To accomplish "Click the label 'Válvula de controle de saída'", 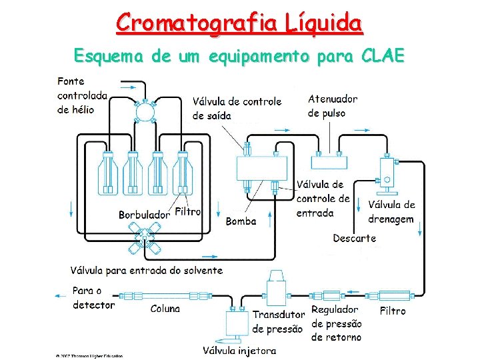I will tap(237, 109).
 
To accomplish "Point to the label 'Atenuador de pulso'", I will tap(332, 106).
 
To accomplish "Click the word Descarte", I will tap(354, 238).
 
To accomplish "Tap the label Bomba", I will tap(241, 221).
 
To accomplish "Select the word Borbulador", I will tap(144, 215).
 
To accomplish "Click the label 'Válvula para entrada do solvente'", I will tap(147, 270).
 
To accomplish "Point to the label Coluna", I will tap(165, 309).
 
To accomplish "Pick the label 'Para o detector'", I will tap(93, 298).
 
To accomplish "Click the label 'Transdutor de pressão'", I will tap(278, 321).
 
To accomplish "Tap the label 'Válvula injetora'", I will tap(239, 350).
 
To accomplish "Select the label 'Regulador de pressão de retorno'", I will tap(337, 323).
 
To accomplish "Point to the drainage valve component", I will tap(386, 175).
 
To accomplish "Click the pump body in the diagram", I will tap(262, 171).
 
